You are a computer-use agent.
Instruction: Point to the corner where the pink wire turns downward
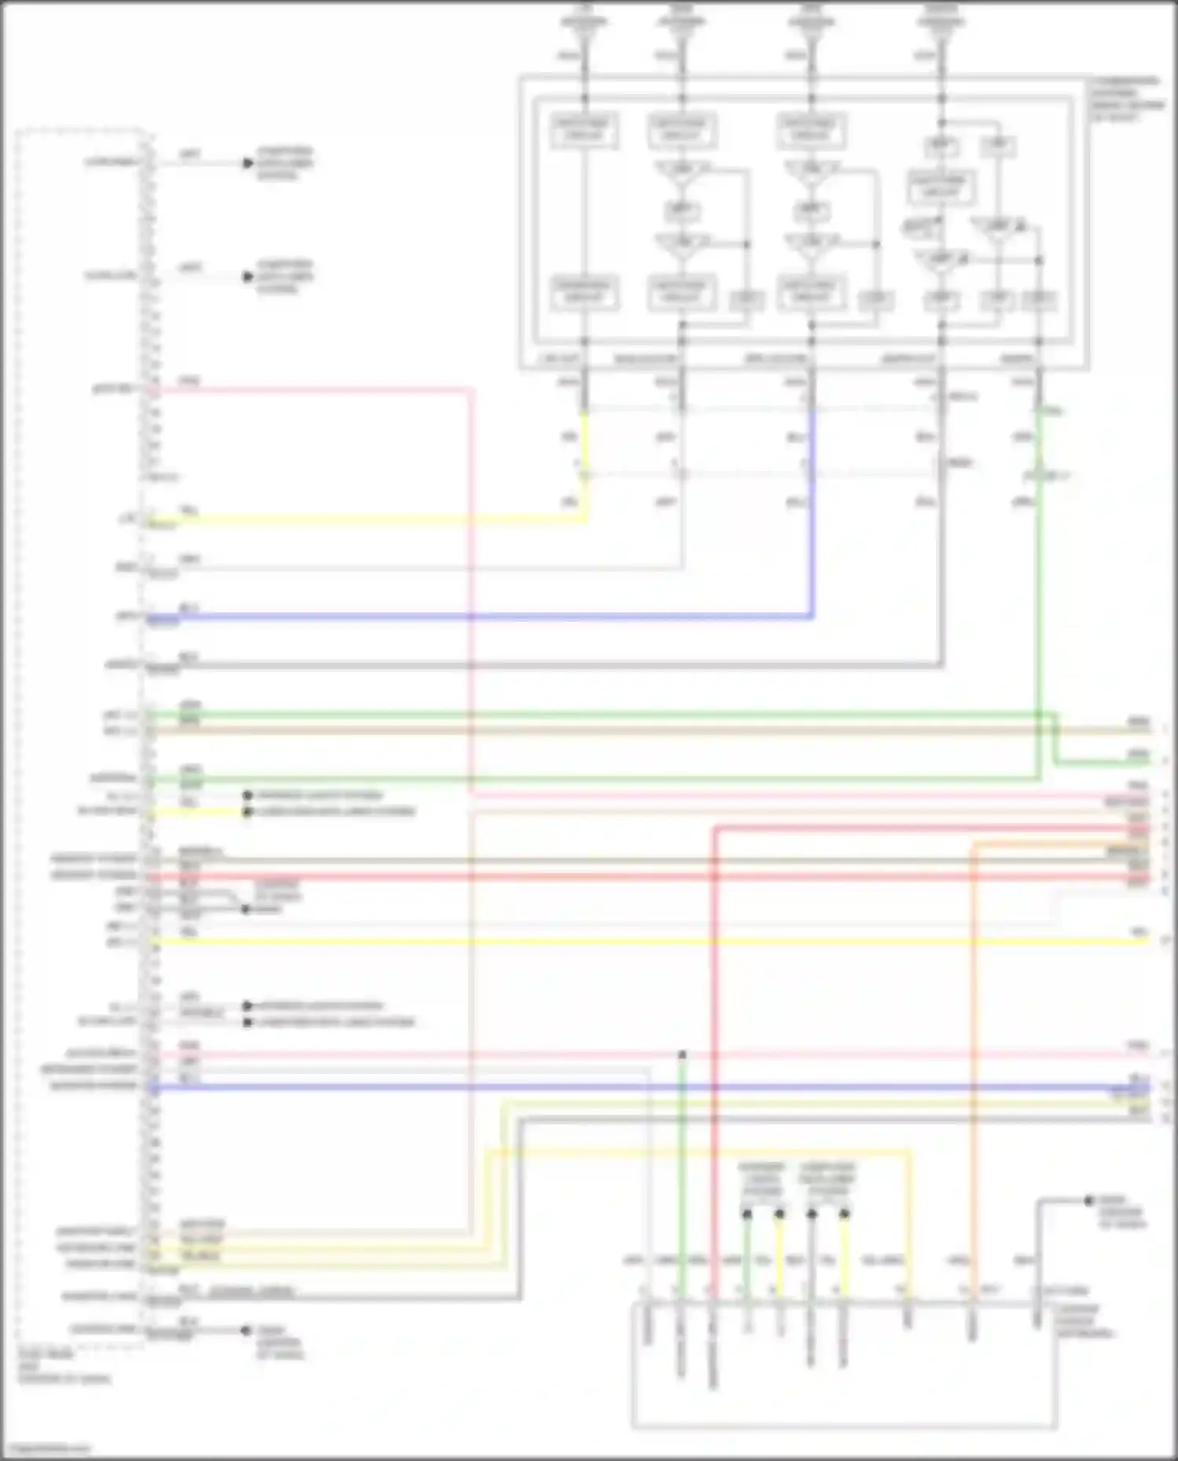click(471, 389)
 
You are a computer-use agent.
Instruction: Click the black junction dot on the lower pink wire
click(682, 1054)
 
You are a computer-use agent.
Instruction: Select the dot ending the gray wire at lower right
click(1088, 1200)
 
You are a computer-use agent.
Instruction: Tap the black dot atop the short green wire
click(747, 1214)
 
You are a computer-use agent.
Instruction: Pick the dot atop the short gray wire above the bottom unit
click(812, 1214)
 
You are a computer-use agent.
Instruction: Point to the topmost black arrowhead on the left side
click(247, 163)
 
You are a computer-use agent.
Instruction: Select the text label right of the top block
click(1125, 98)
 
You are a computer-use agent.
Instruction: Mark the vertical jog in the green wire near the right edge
click(1055, 738)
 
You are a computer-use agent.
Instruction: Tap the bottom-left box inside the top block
click(584, 293)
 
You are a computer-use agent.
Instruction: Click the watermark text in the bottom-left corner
click(46, 1449)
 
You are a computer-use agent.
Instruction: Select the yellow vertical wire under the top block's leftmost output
click(585, 455)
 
